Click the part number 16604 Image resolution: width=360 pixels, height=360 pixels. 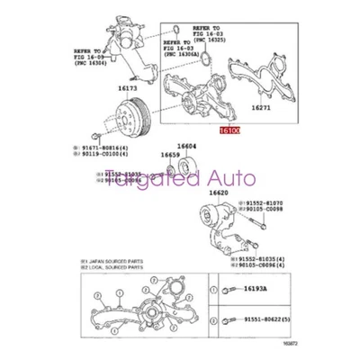(186, 145)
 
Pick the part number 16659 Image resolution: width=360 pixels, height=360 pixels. (170, 155)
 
